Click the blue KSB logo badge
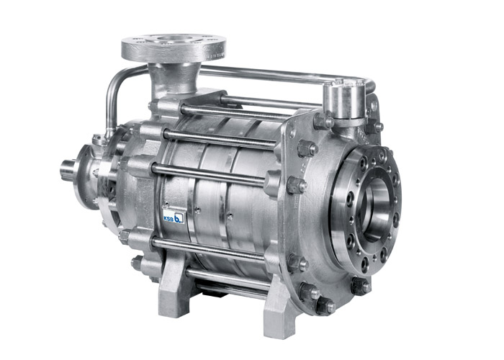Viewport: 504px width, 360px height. [x=174, y=217]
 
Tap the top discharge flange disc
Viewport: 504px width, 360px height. [x=174, y=48]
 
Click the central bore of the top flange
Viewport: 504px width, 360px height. [x=174, y=40]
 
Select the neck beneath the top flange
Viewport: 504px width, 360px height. [x=174, y=78]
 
